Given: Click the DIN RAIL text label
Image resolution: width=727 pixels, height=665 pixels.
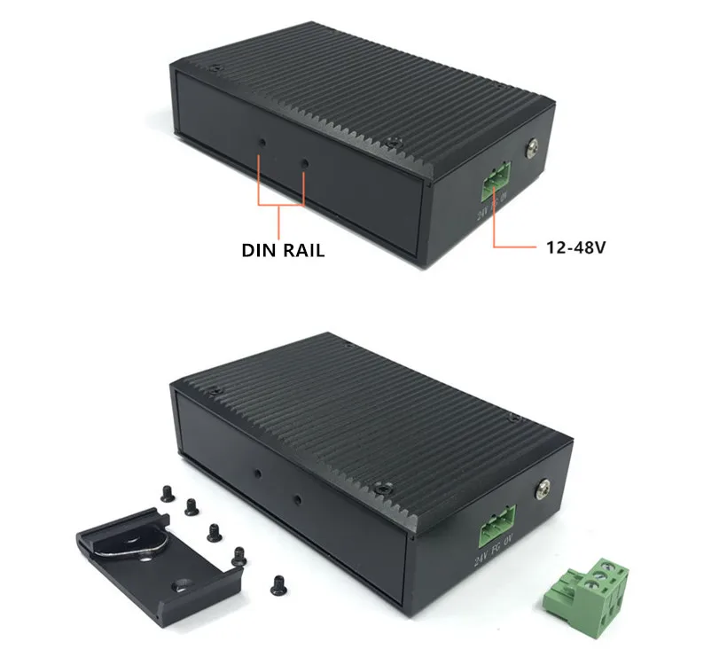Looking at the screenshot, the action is [283, 250].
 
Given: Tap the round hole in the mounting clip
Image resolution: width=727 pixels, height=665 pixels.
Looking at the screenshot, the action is [183, 585].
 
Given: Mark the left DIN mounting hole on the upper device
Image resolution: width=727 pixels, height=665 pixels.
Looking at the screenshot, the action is [262, 141].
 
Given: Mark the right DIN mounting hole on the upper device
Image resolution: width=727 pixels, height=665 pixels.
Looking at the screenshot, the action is [305, 164].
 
